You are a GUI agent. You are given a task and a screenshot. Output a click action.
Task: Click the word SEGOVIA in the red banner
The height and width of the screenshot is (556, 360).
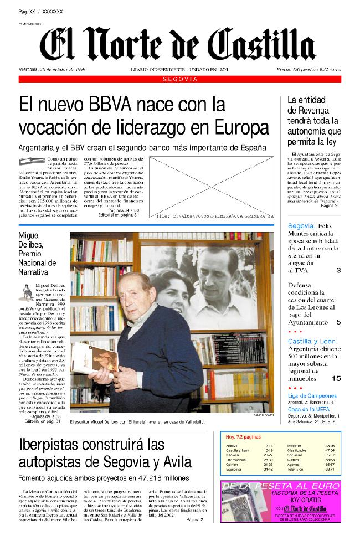click(x=181, y=80)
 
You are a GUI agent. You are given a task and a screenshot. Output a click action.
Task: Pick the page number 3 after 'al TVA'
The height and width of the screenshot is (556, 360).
click(x=338, y=270)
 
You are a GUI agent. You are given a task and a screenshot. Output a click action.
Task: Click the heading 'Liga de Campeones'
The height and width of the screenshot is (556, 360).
click(x=312, y=396)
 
